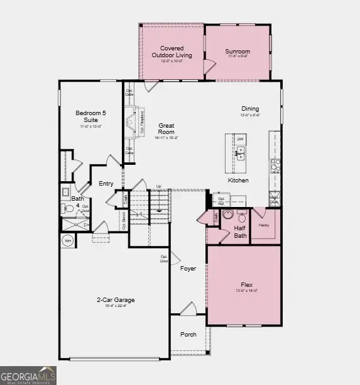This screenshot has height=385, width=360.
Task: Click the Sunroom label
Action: point(237,52)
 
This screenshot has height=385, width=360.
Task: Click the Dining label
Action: point(250,108)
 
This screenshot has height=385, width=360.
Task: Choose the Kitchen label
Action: point(238,181)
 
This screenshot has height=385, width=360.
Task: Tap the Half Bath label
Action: point(239,232)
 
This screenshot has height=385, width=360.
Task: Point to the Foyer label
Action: point(188,269)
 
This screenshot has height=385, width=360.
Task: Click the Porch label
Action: point(188,334)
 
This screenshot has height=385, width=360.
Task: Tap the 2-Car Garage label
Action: point(116,300)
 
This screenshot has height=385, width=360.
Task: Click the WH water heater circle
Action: point(68,240)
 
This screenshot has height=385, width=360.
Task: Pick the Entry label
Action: point(106,184)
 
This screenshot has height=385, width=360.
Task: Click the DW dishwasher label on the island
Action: point(241,140)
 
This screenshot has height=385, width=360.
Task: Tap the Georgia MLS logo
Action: point(28,375)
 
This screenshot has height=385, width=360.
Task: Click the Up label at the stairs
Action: point(158,186)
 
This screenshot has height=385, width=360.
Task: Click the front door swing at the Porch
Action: point(188,309)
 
